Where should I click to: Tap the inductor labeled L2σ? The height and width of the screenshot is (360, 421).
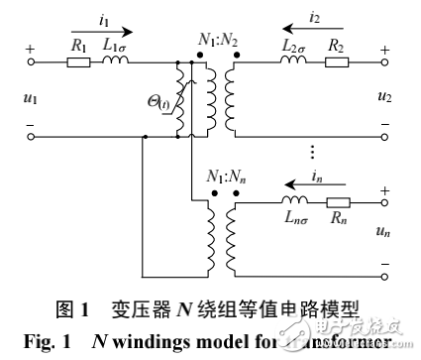click(x=292, y=61)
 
